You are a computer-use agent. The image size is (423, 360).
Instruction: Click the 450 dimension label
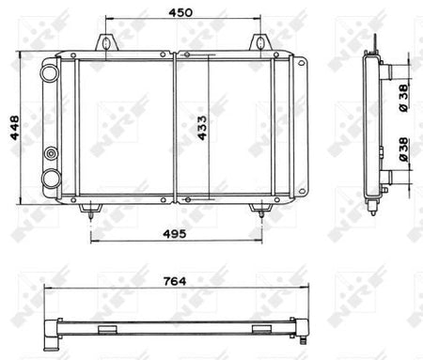point(180,12)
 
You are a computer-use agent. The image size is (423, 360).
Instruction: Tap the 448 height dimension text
point(15,128)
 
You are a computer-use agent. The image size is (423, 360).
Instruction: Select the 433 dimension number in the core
point(202,128)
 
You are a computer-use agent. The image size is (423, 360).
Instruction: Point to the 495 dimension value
point(175,234)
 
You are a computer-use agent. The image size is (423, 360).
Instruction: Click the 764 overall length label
point(175,281)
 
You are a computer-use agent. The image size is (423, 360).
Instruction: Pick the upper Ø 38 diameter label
point(403,98)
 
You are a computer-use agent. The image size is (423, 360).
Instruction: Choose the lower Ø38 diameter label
point(403,149)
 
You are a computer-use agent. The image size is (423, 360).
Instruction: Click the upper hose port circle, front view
point(50,72)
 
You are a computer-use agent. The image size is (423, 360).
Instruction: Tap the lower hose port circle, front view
point(51,179)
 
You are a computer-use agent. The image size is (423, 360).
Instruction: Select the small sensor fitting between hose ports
point(51,153)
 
